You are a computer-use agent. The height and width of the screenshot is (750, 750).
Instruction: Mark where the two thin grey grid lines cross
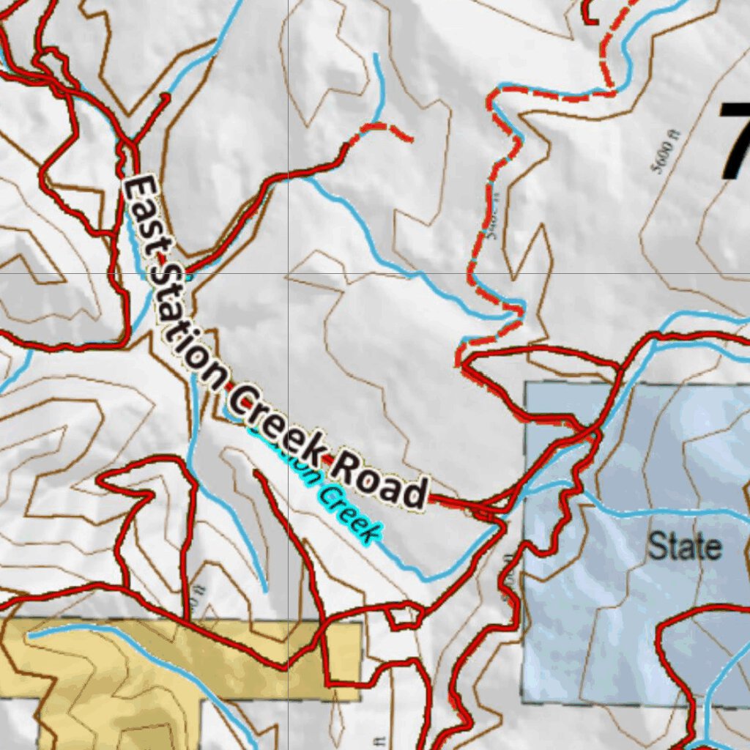288,273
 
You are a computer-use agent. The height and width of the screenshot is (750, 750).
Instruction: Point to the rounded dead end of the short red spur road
166,96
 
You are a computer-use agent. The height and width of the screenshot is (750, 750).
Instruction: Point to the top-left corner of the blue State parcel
526,383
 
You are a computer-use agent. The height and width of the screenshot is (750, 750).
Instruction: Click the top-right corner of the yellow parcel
360,623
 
